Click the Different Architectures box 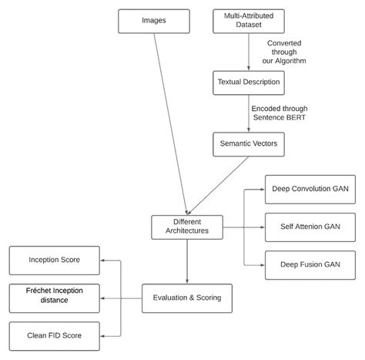pyautogui.click(x=187, y=227)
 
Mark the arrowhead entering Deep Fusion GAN pyautogui.click(x=260, y=264)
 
